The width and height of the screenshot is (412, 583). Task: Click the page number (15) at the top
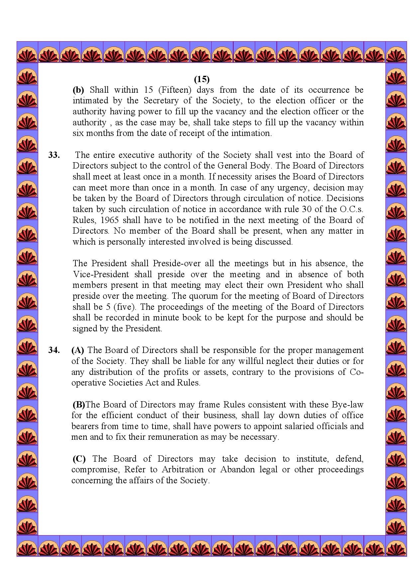[202, 79]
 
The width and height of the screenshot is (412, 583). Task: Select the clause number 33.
[54, 155]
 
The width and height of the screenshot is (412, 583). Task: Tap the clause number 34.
[54, 350]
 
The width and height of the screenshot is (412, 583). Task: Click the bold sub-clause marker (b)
[78, 90]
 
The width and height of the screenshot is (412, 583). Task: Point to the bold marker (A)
[78, 350]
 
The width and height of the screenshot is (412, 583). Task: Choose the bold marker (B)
[79, 405]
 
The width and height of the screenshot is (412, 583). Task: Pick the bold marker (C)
[79, 459]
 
